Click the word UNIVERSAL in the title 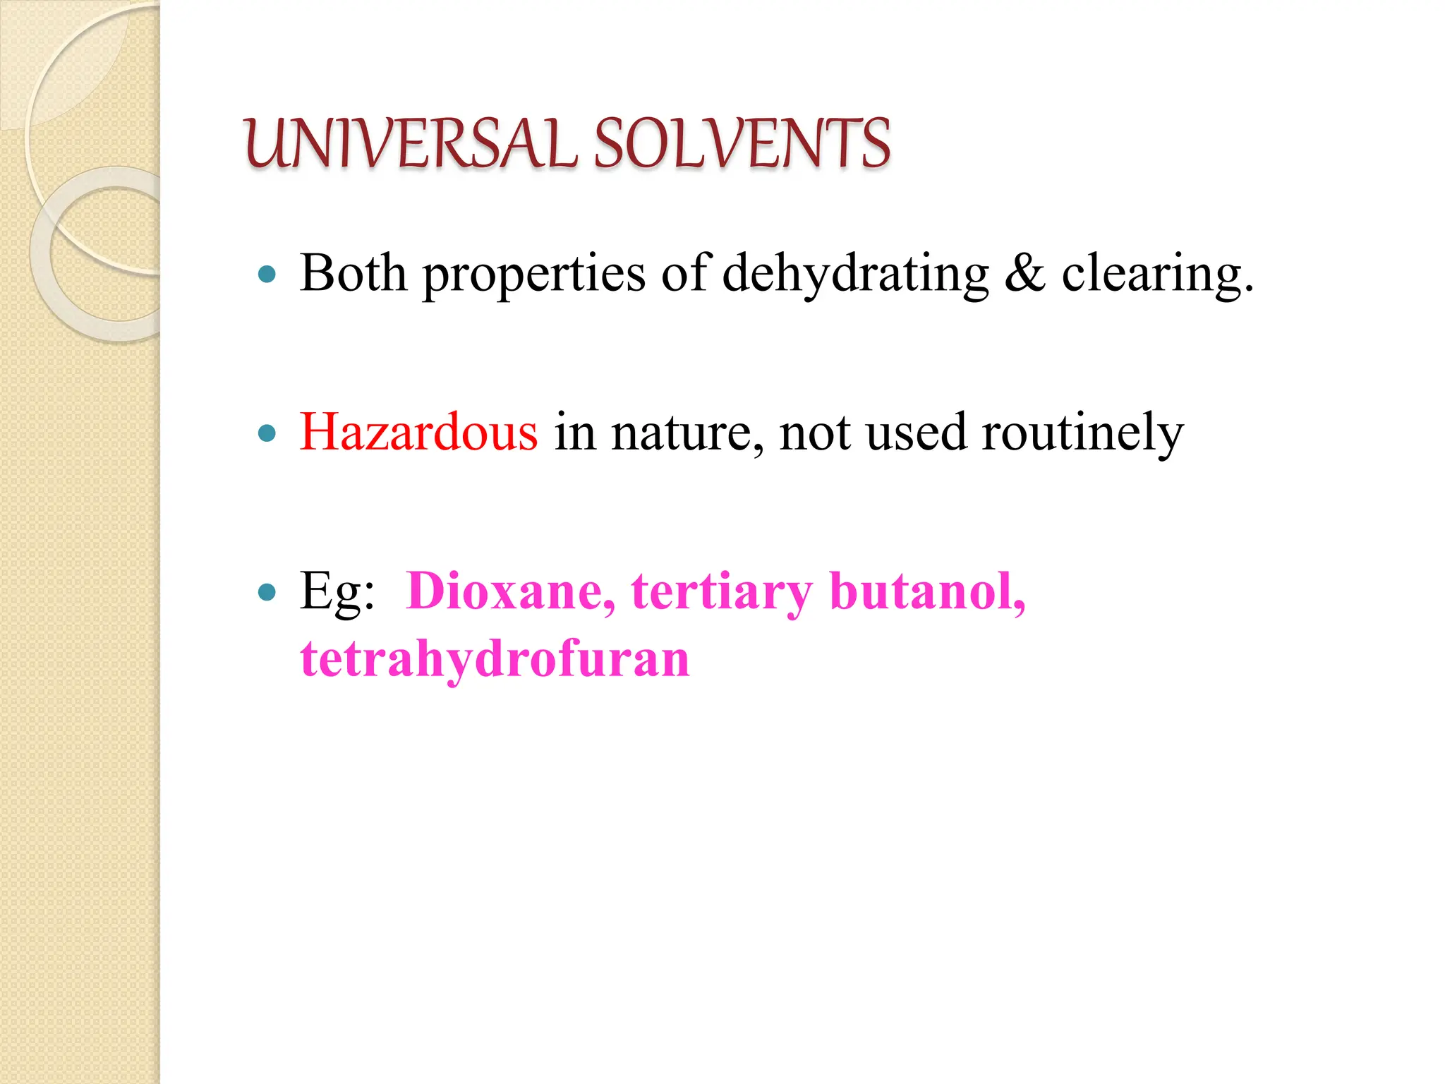pos(409,144)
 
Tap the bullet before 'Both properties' pos(267,274)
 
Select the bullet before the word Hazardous pos(267,433)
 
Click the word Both pos(353,274)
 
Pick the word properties pos(533,275)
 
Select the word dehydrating pos(855,275)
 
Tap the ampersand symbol pos(1024,274)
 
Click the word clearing pos(1157,275)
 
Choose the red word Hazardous pos(418,432)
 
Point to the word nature pos(687,433)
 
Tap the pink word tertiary pos(722,593)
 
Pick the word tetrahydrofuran pos(495,659)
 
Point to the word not pos(814,433)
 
